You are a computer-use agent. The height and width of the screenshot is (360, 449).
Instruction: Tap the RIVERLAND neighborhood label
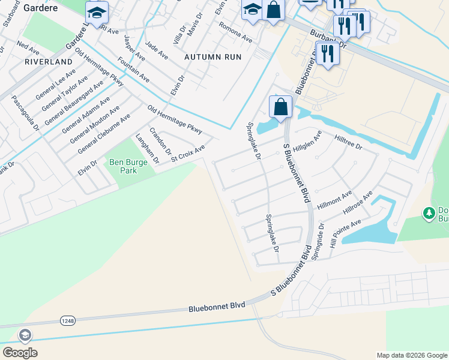pyautogui.click(x=44, y=62)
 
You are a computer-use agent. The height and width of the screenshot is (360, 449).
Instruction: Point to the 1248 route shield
pyautogui.click(x=67, y=321)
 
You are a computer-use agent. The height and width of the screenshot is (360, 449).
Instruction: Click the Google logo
pyautogui.click(x=20, y=352)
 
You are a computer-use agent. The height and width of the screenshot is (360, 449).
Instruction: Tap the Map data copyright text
pyautogui.click(x=412, y=355)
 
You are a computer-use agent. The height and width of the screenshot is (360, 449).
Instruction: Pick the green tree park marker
pyautogui.click(x=429, y=213)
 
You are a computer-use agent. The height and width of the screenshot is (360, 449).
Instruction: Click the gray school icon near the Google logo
pyautogui.click(x=26, y=335)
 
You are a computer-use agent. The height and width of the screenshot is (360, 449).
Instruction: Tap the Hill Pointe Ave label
pyautogui.click(x=348, y=232)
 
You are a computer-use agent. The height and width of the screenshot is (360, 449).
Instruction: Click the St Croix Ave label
pyautogui.click(x=188, y=153)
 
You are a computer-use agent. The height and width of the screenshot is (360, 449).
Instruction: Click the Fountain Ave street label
pyautogui.click(x=134, y=70)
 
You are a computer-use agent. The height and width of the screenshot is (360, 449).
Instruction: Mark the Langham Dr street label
pyautogui.click(x=147, y=149)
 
